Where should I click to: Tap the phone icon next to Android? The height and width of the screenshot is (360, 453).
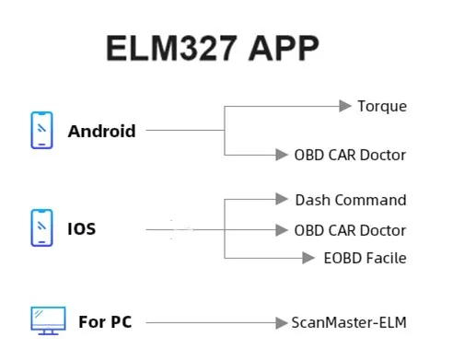pos(42,130)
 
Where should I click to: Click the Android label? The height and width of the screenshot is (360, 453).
pos(101,131)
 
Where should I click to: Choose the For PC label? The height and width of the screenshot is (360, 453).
pos(104,322)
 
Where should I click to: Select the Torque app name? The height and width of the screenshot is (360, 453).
pos(382,107)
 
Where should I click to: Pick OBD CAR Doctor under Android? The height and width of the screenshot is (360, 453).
pos(350,155)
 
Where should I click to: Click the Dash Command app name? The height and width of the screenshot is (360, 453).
pos(351,200)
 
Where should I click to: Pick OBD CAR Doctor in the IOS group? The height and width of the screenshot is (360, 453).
pos(350,230)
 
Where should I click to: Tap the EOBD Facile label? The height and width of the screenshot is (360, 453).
pos(365,259)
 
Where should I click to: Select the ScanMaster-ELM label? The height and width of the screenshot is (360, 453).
pos(348,322)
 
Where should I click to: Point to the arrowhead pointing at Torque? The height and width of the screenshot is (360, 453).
pos(345,107)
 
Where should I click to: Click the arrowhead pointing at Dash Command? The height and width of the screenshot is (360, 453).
pos(282,199)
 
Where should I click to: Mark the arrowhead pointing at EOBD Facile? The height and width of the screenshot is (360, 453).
pos(309,259)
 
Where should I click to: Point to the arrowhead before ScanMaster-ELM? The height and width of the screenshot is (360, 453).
pos(282,322)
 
